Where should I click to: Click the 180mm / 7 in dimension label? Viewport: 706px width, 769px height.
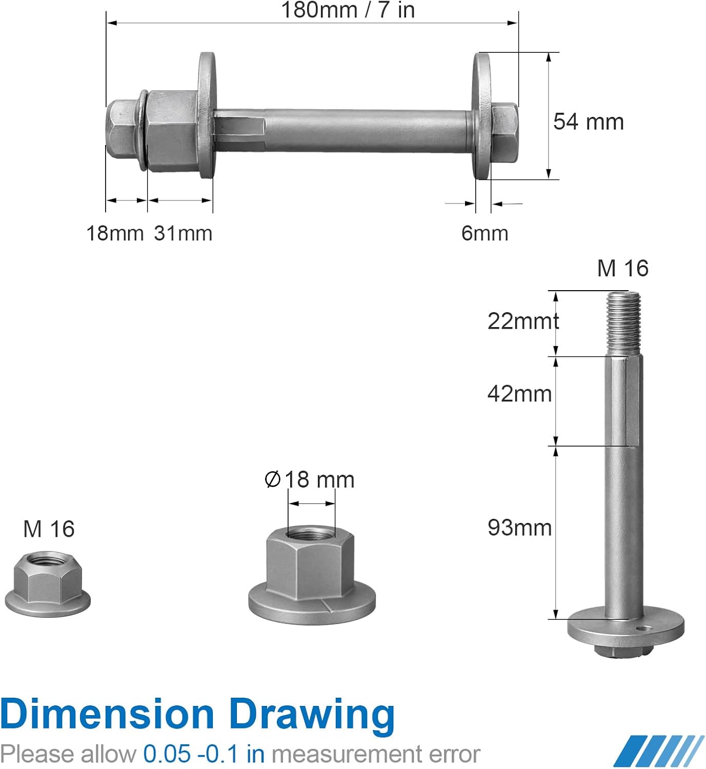348,10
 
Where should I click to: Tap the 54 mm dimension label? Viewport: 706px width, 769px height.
588,122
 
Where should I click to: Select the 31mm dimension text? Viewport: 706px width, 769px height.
183,233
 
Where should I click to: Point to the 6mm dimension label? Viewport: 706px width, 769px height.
485,233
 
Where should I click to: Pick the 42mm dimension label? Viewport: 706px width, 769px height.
519,394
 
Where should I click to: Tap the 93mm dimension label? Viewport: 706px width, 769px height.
519,528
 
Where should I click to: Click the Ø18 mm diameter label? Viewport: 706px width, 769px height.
310,479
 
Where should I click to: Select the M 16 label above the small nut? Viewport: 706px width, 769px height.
49,529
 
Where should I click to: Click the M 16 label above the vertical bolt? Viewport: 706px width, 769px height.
623,268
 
